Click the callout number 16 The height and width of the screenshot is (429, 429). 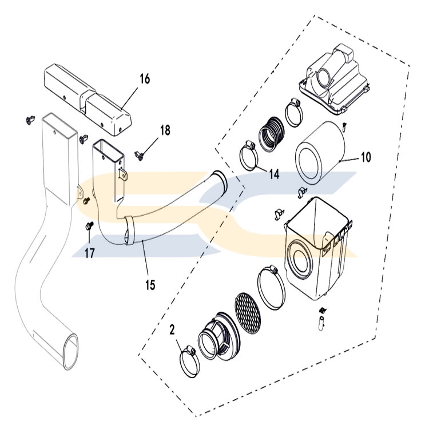click(x=145, y=79)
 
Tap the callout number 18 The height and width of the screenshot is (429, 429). click(x=165, y=130)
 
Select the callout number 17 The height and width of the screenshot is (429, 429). click(x=89, y=253)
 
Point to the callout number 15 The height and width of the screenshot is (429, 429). click(x=150, y=285)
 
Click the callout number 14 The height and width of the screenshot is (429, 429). click(x=274, y=174)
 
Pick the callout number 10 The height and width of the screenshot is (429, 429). click(x=366, y=157)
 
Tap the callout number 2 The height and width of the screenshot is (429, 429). click(x=172, y=329)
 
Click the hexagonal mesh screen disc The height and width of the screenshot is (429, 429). click(x=248, y=313)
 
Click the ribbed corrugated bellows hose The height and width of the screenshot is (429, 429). click(x=271, y=134)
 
